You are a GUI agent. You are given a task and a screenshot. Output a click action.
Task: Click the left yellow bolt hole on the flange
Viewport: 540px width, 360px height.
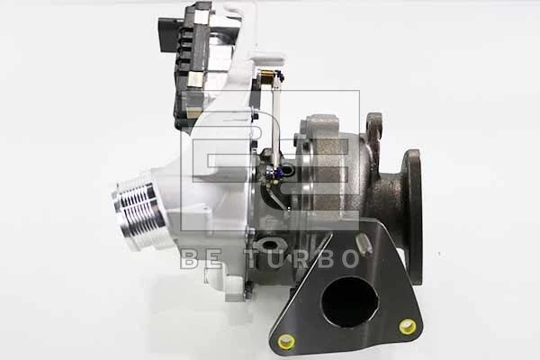tap(286, 341)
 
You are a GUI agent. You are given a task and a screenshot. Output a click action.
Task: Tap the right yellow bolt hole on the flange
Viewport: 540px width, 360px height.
tap(408, 326)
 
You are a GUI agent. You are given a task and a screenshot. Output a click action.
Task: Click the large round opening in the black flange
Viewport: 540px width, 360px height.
tap(349, 302)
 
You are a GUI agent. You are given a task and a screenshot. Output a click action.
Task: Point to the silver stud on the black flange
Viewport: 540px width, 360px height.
tap(363, 244)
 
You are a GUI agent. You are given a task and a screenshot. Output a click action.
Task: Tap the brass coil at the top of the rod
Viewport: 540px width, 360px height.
tap(266, 77)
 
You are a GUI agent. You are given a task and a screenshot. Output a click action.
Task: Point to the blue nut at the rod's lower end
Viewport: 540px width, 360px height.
tap(281, 171)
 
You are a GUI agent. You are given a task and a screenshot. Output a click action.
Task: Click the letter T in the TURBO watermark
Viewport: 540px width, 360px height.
tap(256, 258)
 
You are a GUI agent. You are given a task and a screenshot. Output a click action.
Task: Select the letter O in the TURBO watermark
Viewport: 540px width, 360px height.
tap(347, 258)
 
